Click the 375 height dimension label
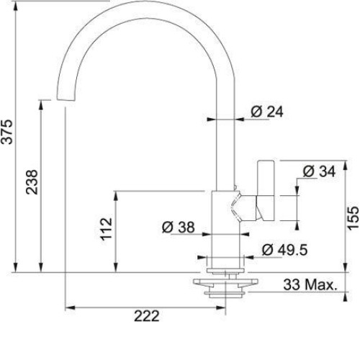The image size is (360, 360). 6,132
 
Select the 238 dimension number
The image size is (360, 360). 32,182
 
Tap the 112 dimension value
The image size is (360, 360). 106,229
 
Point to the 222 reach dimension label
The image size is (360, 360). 146,316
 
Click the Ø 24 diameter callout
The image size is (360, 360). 267,112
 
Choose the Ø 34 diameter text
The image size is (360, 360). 319,171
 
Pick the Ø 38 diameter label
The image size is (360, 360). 178,227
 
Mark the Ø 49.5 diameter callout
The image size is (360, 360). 284,250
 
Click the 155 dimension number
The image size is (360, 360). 354,218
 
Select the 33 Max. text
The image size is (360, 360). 310,284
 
